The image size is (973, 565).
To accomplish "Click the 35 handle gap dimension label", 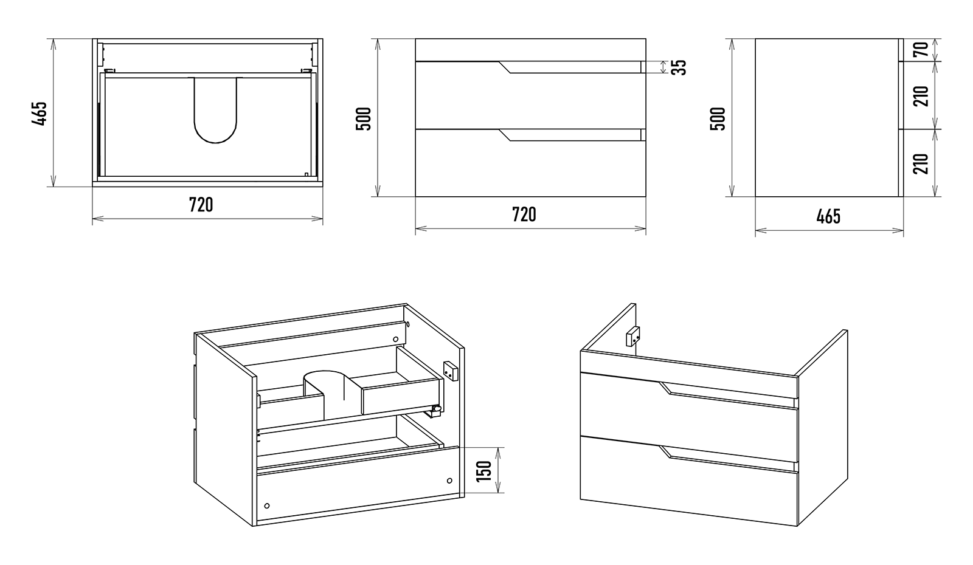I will tap(681, 67).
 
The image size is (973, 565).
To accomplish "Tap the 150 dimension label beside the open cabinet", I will tap(484, 470).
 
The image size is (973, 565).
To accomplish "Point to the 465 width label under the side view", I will tap(828, 216).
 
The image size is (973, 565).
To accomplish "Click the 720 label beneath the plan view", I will tap(201, 205).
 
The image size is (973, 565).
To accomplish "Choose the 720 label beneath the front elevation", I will tap(524, 214).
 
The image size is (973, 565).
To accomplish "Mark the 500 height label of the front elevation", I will tap(364, 118).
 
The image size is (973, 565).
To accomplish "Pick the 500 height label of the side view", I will tap(718, 118).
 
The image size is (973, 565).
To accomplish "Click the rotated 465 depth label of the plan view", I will tap(40, 113).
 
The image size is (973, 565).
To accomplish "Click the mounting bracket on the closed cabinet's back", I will tap(633, 335).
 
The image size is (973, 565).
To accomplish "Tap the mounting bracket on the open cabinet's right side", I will tap(450, 371).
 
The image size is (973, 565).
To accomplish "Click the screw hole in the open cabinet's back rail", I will tap(395, 339).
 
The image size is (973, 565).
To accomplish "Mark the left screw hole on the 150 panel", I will tap(266, 505).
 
